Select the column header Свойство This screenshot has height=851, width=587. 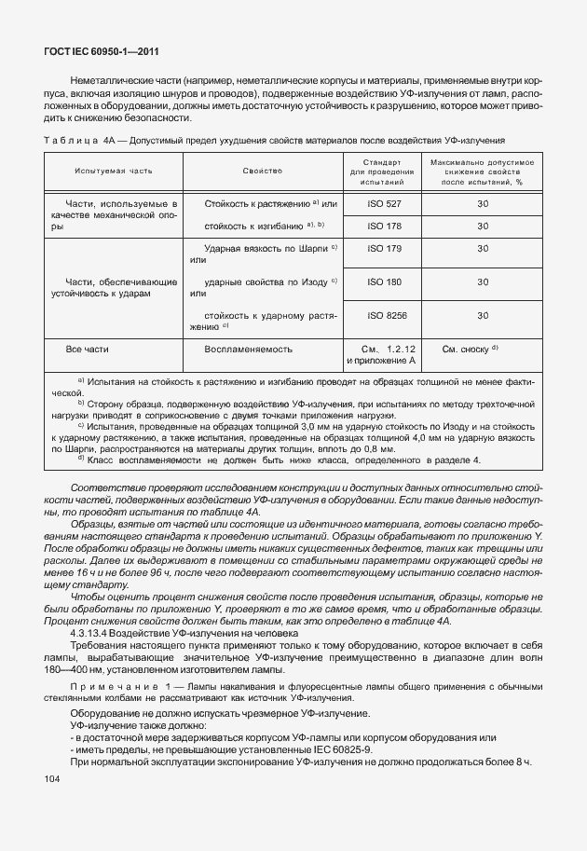coord(263,172)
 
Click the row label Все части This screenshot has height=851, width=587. coord(89,350)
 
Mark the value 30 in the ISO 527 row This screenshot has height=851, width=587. coord(482,202)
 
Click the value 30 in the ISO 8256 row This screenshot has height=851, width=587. coord(482,316)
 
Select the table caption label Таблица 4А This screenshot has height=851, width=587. coord(79,140)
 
